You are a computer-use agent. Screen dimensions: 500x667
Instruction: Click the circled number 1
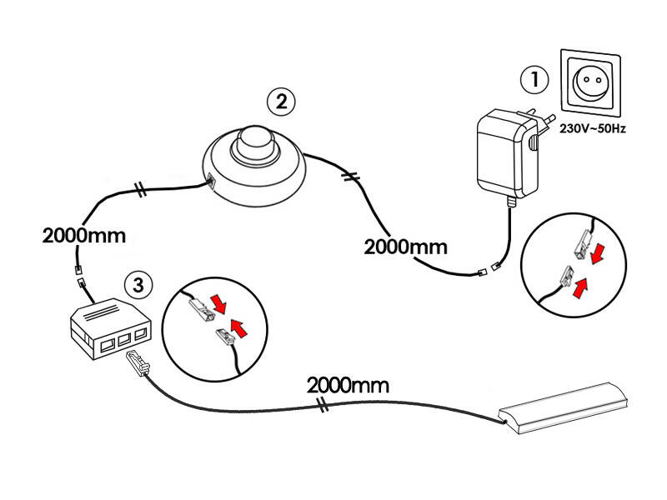[534, 80]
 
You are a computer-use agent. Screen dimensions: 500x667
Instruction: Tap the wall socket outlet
[592, 82]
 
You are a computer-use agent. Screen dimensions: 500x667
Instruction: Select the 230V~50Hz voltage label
[593, 130]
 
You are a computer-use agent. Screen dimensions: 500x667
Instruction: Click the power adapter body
[499, 155]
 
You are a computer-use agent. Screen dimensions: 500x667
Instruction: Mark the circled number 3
[138, 284]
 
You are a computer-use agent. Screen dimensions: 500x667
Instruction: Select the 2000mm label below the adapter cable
[405, 247]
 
